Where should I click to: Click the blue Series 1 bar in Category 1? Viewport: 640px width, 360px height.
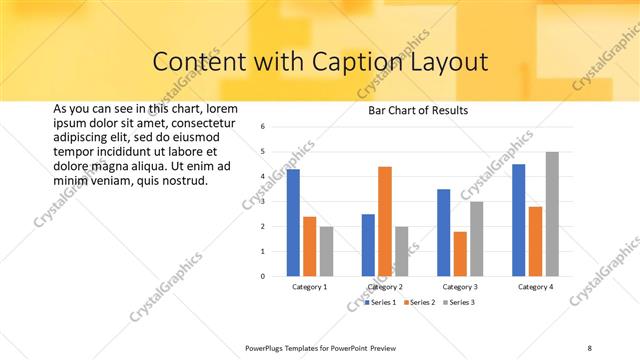click(x=293, y=222)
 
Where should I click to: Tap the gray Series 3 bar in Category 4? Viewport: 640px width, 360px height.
click(x=552, y=213)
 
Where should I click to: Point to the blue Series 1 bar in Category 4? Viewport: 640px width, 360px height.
click(x=519, y=219)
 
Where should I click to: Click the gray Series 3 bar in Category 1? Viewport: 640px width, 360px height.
click(x=326, y=250)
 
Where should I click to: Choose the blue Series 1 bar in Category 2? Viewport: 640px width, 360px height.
click(x=368, y=244)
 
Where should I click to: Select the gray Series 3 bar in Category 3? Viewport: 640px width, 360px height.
click(x=477, y=238)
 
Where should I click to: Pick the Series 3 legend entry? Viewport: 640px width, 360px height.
click(x=460, y=301)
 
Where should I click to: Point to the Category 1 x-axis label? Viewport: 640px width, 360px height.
click(x=309, y=287)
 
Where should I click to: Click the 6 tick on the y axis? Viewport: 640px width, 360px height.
click(x=262, y=127)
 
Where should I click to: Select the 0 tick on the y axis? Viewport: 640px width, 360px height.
click(x=262, y=276)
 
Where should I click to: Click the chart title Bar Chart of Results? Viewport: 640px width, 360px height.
click(x=411, y=110)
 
